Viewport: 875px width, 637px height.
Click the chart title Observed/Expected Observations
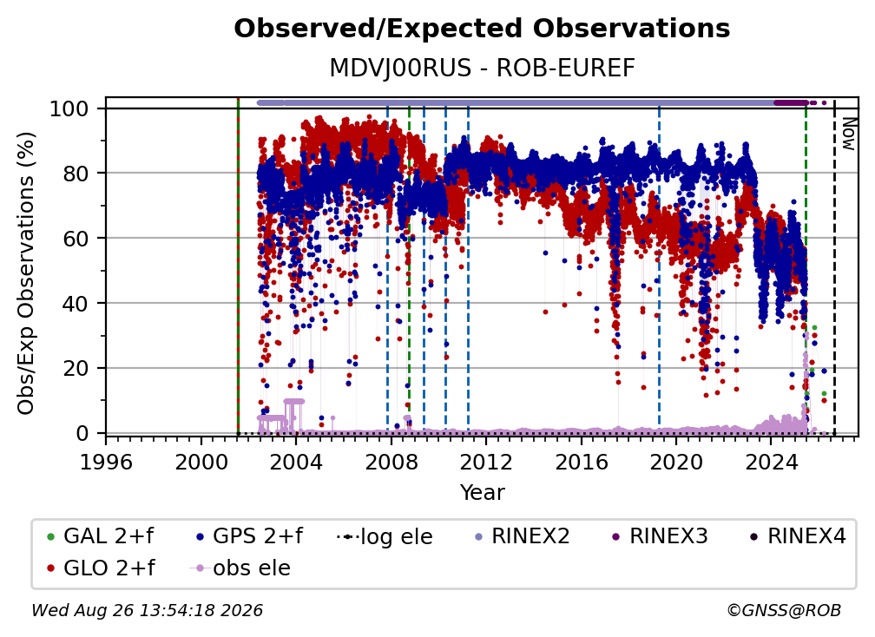[x=482, y=29]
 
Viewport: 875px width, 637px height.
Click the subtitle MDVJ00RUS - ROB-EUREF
[x=482, y=69]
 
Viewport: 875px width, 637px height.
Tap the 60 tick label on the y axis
[x=76, y=238]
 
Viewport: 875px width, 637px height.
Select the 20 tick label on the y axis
[x=76, y=368]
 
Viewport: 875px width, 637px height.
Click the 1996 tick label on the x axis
[x=106, y=463]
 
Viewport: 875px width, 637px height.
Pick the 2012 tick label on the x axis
[x=486, y=463]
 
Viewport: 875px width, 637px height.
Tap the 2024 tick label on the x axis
[x=771, y=463]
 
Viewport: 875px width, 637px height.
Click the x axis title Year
[x=482, y=493]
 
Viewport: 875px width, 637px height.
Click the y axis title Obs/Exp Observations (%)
[x=26, y=273]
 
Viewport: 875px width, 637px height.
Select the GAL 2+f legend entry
[x=100, y=536]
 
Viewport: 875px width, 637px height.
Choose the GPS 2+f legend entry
[x=249, y=536]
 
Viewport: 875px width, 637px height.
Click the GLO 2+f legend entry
[x=101, y=568]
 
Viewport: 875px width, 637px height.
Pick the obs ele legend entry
[x=240, y=568]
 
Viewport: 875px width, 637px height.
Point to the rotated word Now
[x=848, y=134]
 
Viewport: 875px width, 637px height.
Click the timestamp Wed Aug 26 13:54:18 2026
[x=147, y=610]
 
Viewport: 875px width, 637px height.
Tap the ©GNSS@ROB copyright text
[x=784, y=610]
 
